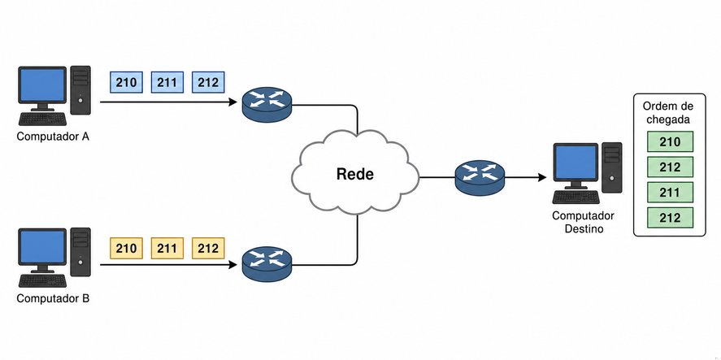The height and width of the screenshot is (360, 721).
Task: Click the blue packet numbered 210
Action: [x=127, y=82]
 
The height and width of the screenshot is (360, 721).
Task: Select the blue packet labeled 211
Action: [x=167, y=82]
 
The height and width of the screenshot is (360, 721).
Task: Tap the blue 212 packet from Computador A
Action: [x=208, y=82]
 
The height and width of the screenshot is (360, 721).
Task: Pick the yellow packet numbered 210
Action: [x=127, y=249]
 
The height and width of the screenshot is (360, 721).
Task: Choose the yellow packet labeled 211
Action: [x=167, y=249]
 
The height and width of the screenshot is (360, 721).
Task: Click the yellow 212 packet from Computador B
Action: [x=208, y=249]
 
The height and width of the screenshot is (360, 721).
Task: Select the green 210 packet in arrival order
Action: [x=670, y=141]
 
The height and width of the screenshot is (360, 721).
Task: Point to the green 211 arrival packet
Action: [x=670, y=192]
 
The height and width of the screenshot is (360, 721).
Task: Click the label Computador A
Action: [x=53, y=137]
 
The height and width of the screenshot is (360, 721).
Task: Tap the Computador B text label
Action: [x=53, y=298]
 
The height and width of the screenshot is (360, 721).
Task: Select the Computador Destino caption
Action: [x=584, y=222]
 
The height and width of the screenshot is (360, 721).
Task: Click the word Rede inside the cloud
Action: [x=355, y=174]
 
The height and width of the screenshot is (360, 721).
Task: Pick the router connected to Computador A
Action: [x=267, y=104]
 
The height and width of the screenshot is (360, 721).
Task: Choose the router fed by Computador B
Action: [x=267, y=264]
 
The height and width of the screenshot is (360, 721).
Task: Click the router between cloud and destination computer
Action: [x=480, y=177]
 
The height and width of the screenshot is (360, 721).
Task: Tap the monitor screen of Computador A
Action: [x=42, y=85]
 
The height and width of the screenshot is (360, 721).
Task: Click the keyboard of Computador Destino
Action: [x=576, y=197]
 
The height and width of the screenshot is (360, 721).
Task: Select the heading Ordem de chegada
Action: [x=668, y=113]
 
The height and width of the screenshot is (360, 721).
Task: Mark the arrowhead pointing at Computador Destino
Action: [x=541, y=177]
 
